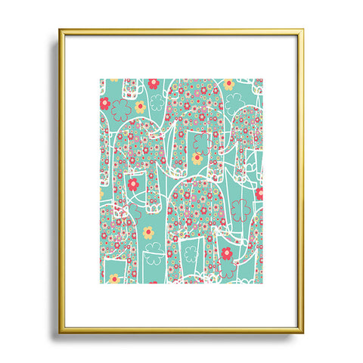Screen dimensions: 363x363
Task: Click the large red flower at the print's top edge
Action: pyautogui.click(x=154, y=83)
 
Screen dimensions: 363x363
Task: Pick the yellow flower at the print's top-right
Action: pyautogui.click(x=228, y=84)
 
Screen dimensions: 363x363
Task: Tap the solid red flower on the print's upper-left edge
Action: pyautogui.click(x=105, y=103)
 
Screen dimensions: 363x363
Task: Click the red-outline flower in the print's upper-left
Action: pyautogui.click(x=120, y=110)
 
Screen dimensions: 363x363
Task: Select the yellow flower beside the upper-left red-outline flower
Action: pyautogui.click(x=139, y=107)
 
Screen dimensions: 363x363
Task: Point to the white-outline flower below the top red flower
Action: pyautogui.click(x=157, y=101)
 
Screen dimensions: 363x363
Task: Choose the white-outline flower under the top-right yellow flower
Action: pyautogui.click(x=233, y=104)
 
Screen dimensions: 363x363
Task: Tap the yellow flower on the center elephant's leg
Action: pyautogui.click(x=197, y=159)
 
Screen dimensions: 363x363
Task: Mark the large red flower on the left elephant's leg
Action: pyautogui.click(x=133, y=184)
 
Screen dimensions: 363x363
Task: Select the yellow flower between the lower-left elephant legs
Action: pyautogui.click(x=148, y=231)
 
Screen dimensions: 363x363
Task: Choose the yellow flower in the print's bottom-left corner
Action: pyautogui.click(x=114, y=278)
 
